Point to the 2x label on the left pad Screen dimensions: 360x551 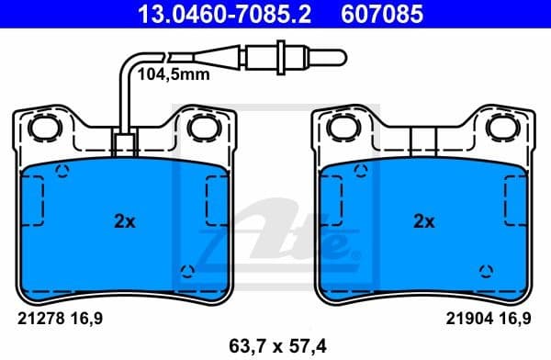[124, 221]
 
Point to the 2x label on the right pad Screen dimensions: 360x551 [423, 221]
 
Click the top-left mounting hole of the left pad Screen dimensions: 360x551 [41, 126]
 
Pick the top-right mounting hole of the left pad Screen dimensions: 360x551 [201, 126]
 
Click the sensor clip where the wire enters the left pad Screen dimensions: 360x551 [122, 144]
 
